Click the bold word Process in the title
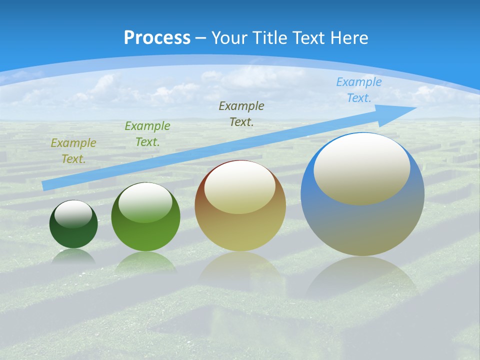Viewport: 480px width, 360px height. (157, 38)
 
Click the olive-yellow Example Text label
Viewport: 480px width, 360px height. (73, 151)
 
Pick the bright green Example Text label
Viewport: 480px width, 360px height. (147, 134)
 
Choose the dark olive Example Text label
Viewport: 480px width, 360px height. (241, 113)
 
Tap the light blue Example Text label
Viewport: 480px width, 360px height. (359, 90)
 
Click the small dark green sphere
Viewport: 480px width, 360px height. (73, 235)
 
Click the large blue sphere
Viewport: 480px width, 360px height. (362, 225)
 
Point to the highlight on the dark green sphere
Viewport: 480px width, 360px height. (73, 214)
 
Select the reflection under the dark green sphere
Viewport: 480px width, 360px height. (73, 256)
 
